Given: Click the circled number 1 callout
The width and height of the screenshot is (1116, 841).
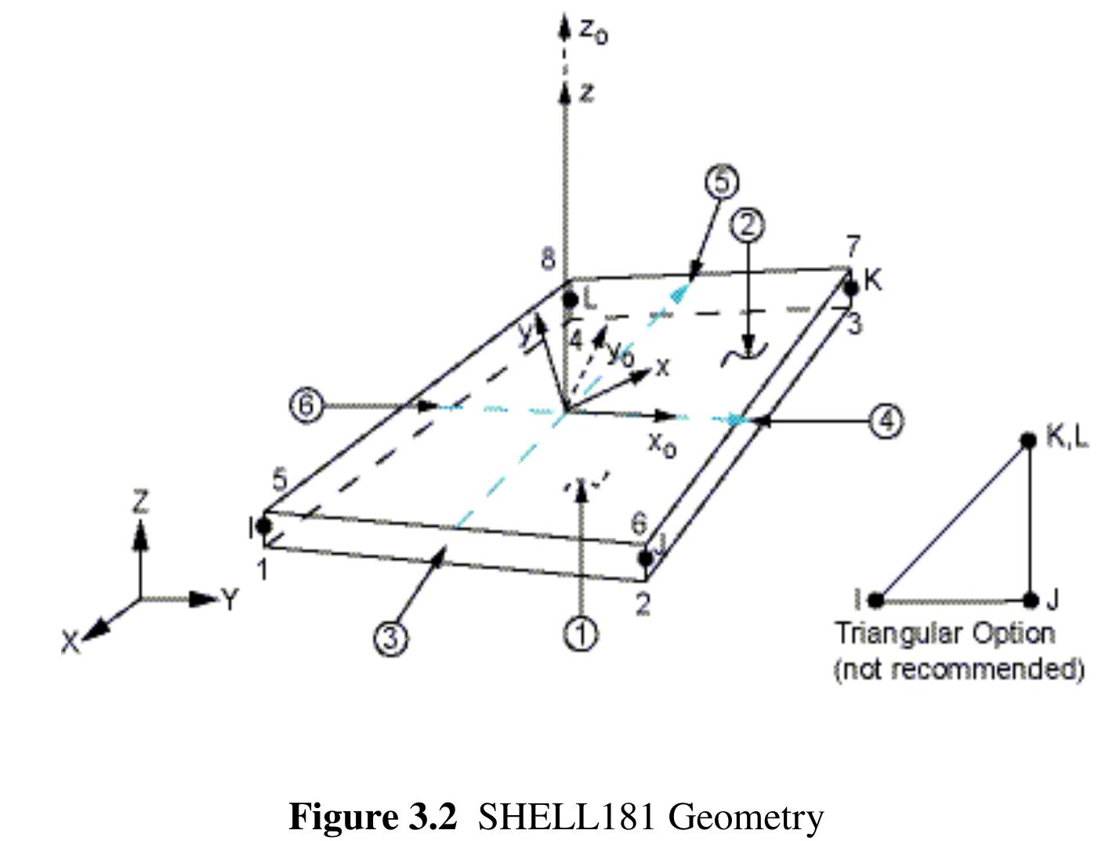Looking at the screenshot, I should tap(581, 633).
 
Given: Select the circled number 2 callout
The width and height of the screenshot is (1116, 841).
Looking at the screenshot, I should tap(747, 225).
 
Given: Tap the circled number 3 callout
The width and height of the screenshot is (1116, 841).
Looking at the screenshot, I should tap(390, 639).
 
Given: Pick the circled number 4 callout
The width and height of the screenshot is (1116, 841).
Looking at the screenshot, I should tap(886, 422).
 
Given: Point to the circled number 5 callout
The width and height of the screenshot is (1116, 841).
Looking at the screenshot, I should tap(722, 182).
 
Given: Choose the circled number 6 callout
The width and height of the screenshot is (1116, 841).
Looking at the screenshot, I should tap(306, 405).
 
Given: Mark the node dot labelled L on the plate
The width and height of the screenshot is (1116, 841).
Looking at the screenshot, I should tap(571, 299).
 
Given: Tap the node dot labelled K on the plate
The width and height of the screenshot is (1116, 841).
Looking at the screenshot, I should tap(852, 288).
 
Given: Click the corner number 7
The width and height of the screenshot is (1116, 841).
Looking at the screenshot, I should tap(853, 246).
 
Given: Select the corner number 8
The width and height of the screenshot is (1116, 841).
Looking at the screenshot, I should tap(549, 259).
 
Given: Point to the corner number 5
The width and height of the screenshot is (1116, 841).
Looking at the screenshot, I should tap(280, 480).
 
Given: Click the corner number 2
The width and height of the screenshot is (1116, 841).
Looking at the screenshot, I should tap(643, 604).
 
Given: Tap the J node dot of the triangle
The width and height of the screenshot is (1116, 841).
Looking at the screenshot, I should tap(1031, 600).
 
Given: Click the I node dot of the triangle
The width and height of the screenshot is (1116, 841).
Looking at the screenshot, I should tap(876, 600).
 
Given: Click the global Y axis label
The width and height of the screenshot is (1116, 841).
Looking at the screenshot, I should tap(229, 600).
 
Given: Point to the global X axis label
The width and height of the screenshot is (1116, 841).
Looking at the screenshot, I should tap(71, 643).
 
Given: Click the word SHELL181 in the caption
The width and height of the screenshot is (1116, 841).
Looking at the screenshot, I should tap(566, 817).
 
